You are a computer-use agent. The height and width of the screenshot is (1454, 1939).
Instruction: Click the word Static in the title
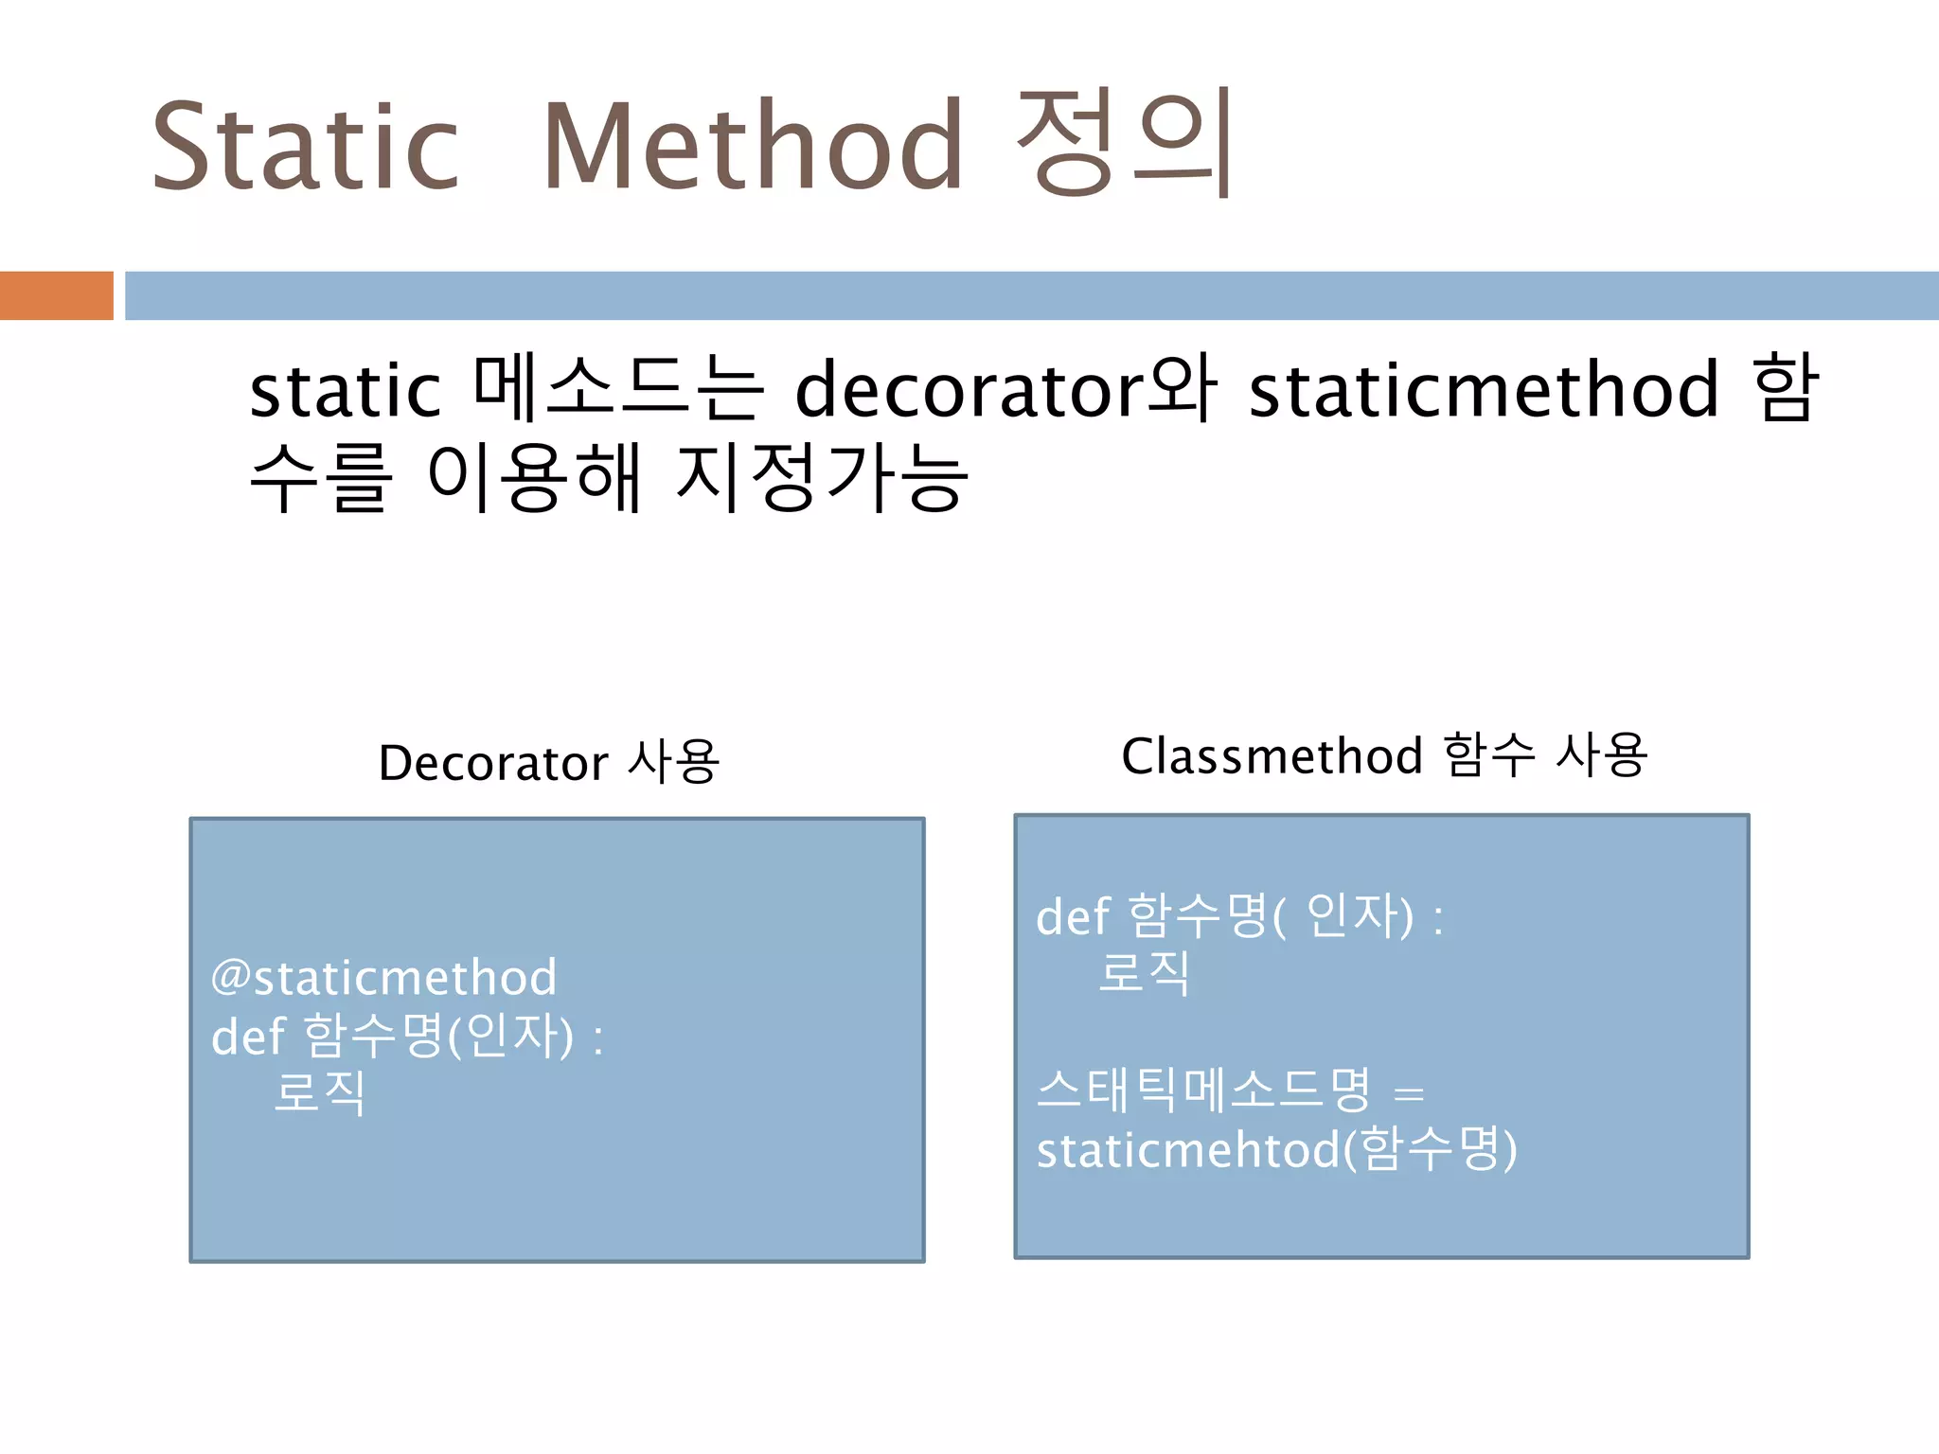point(305,147)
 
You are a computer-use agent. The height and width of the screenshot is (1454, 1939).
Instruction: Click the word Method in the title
point(753,147)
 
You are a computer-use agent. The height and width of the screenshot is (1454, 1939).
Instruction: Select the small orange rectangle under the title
point(57,295)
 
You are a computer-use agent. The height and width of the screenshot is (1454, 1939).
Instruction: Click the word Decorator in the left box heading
point(492,763)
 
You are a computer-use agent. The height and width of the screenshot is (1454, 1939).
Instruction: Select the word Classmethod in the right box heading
point(1272,756)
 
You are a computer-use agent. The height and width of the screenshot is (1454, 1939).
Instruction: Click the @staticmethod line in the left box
point(383,978)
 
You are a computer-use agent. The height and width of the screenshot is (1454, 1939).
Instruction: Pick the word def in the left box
point(247,1037)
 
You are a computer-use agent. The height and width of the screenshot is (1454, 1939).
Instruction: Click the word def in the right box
point(1072,917)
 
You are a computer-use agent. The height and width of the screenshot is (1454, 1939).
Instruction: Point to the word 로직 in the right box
point(1144,973)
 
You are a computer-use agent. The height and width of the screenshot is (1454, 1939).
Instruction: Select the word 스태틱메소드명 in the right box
point(1203,1090)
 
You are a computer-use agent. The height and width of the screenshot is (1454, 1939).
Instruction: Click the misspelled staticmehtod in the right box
point(1188,1150)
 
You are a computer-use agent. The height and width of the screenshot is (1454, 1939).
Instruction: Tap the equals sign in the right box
point(1409,1094)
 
